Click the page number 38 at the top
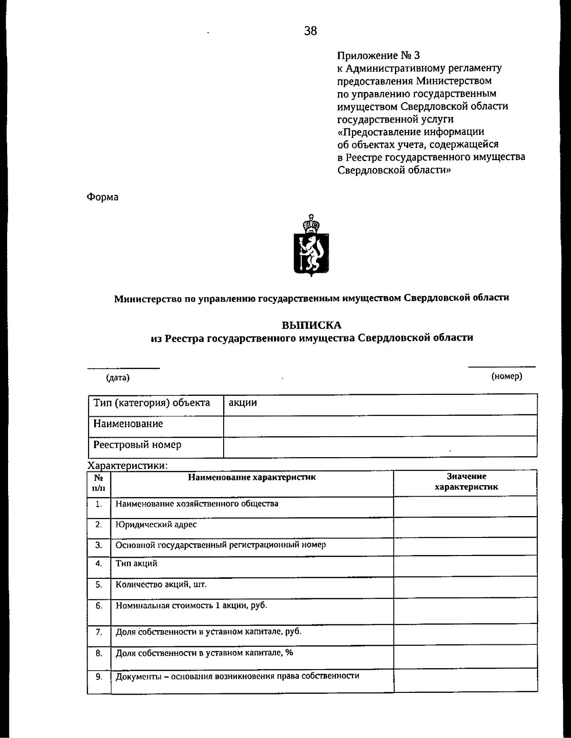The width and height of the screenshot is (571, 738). [310, 31]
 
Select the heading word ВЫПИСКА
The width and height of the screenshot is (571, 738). [312, 326]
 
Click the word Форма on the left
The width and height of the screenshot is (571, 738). [102, 197]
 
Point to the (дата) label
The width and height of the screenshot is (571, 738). [118, 378]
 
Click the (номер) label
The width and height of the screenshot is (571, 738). [507, 376]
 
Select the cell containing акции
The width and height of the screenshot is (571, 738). [380, 403]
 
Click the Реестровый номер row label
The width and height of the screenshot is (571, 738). [138, 445]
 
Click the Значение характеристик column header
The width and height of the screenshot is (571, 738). [466, 482]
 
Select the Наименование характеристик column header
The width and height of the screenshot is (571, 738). [252, 477]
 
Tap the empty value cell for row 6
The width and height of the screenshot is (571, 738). [465, 611]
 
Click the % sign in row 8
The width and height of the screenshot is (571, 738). [289, 652]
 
